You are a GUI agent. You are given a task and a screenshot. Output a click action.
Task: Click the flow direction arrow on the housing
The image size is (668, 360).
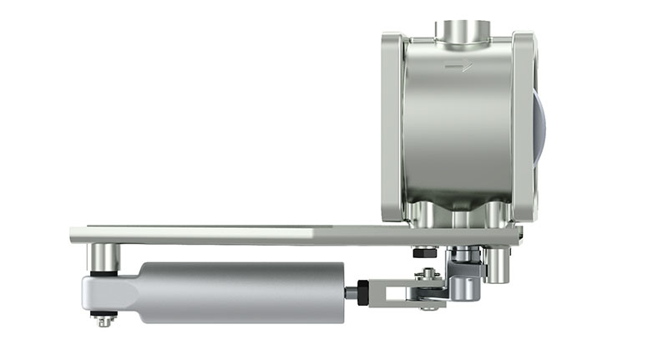tap(458, 67)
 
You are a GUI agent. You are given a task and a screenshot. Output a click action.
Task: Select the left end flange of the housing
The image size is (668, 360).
tap(393, 125)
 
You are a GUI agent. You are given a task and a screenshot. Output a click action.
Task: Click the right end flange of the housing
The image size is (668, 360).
tap(524, 125)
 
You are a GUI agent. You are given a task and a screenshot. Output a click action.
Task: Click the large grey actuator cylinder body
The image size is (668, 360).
tap(242, 292)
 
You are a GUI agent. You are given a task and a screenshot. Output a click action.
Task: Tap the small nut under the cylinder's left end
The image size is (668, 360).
tap(104, 319)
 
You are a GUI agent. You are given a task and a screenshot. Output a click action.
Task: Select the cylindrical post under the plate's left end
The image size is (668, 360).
tap(104, 256)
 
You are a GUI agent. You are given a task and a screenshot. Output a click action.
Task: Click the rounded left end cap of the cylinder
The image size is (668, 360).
tap(104, 292)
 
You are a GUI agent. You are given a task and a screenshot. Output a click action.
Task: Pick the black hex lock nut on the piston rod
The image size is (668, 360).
tap(363, 292)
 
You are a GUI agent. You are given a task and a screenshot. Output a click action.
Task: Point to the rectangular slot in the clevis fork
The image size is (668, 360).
tap(393, 292)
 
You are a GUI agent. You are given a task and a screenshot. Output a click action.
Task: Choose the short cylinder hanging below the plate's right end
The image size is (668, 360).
tap(498, 265)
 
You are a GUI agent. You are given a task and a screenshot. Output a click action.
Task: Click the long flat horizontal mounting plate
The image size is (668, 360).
tap(250, 235)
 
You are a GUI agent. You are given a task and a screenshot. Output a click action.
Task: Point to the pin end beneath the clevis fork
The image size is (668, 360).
tap(430, 308)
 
